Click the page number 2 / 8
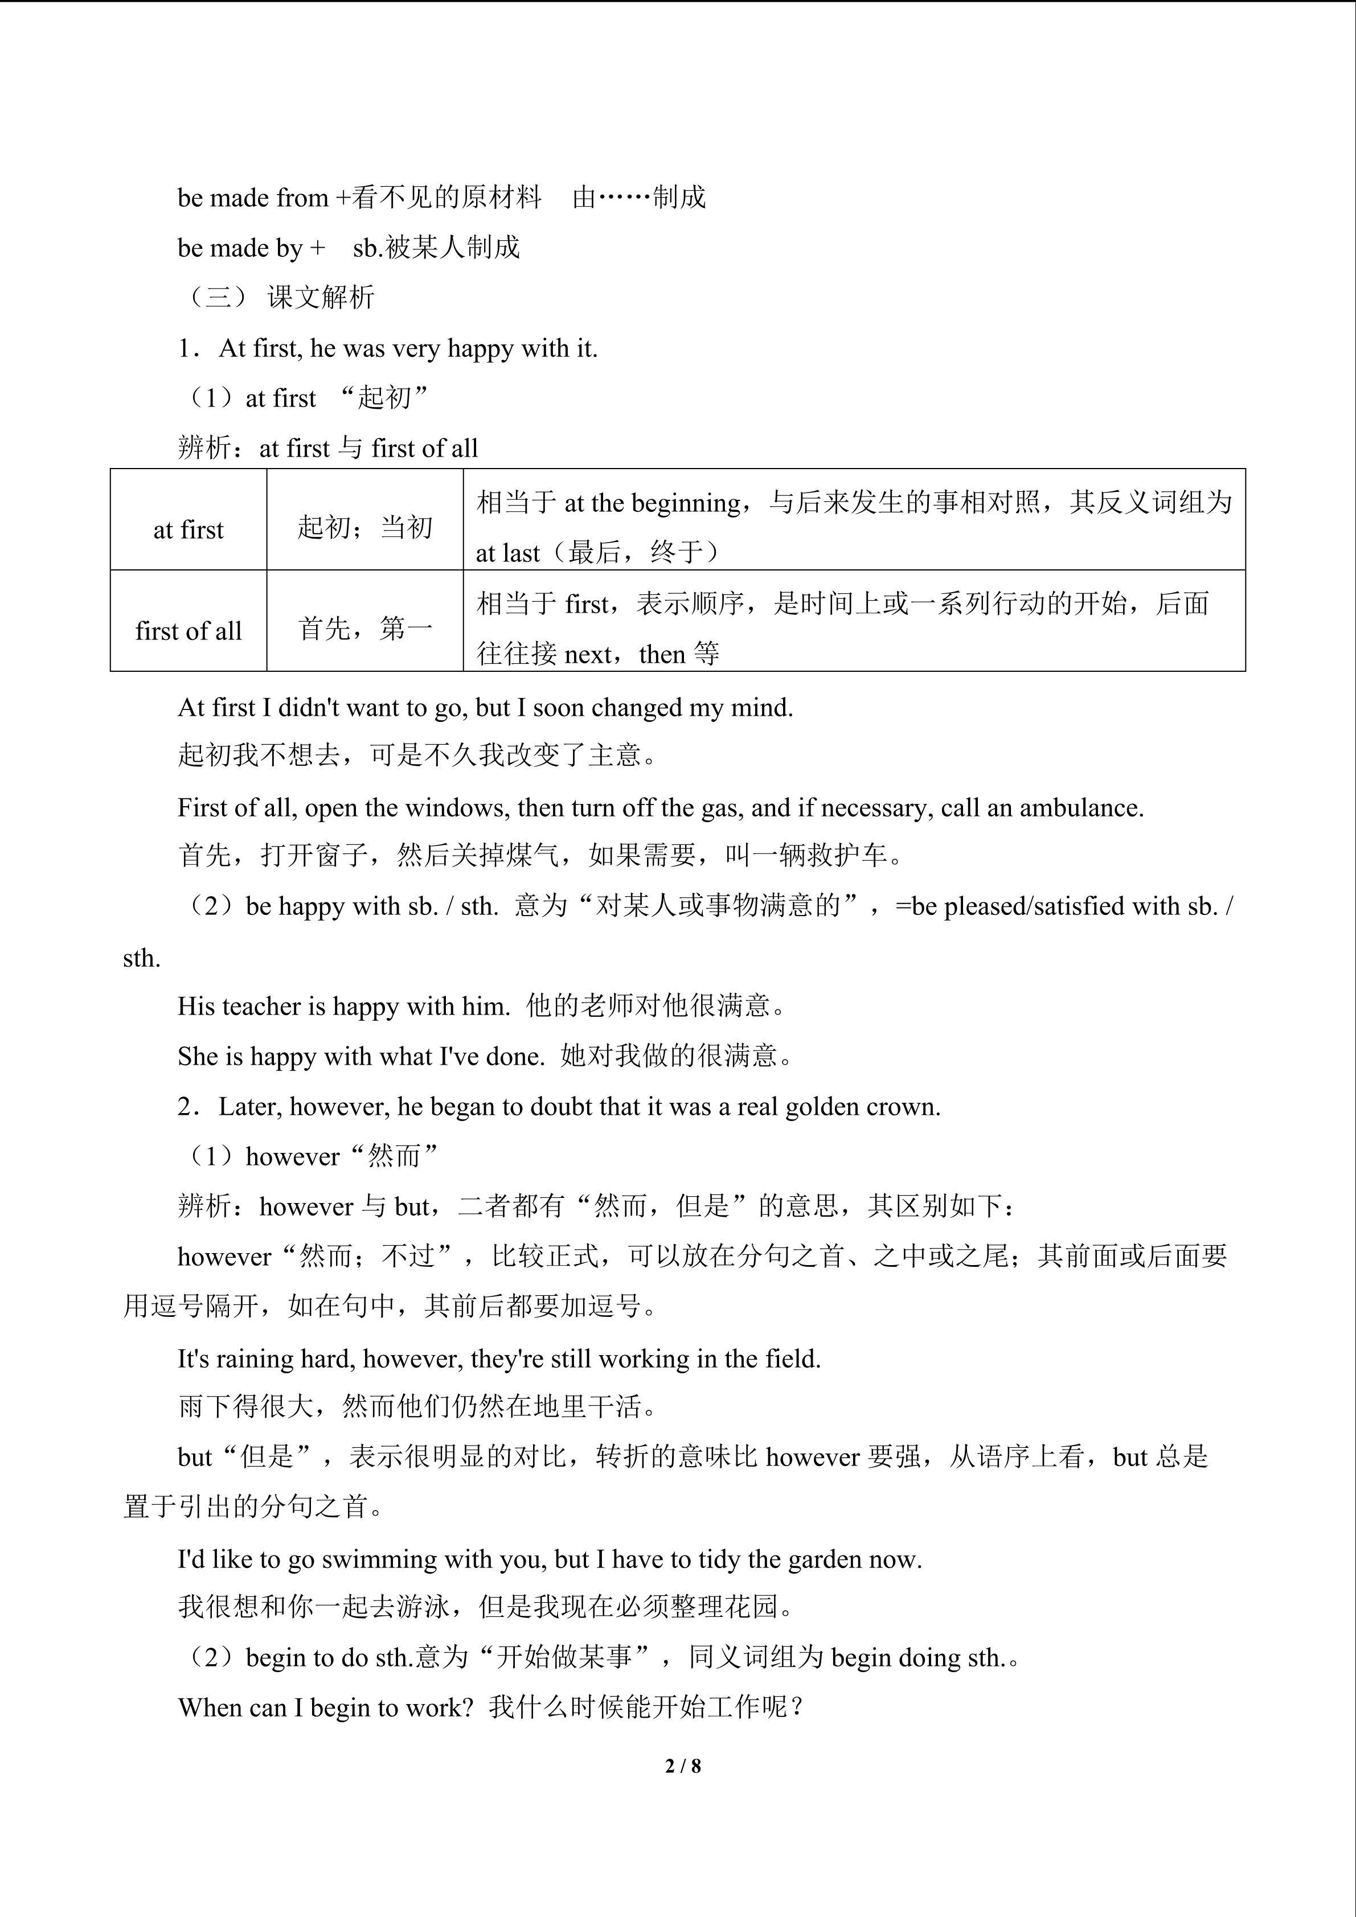click(682, 1765)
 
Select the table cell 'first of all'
click(188, 630)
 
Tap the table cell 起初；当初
click(365, 528)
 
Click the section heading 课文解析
click(321, 297)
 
